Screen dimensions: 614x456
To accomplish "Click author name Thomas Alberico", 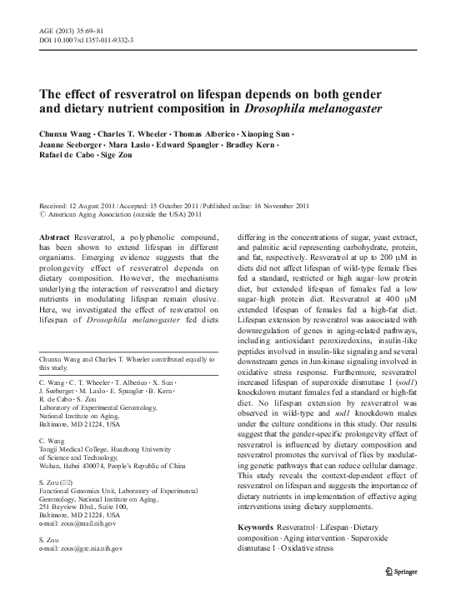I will coord(208,132).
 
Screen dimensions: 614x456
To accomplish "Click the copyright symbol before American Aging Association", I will coord(43,215).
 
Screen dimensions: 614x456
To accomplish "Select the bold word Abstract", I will coord(55,237).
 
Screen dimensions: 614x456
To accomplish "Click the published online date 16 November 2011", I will coord(277,206).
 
